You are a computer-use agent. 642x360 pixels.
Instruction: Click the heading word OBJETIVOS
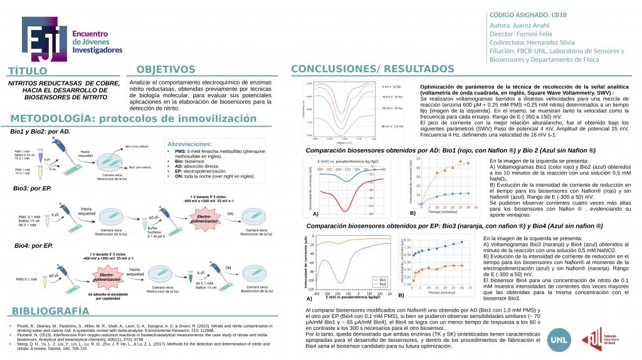166,70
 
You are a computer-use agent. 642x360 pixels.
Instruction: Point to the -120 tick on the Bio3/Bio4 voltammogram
310,289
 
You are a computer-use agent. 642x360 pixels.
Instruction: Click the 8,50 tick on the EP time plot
408,240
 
